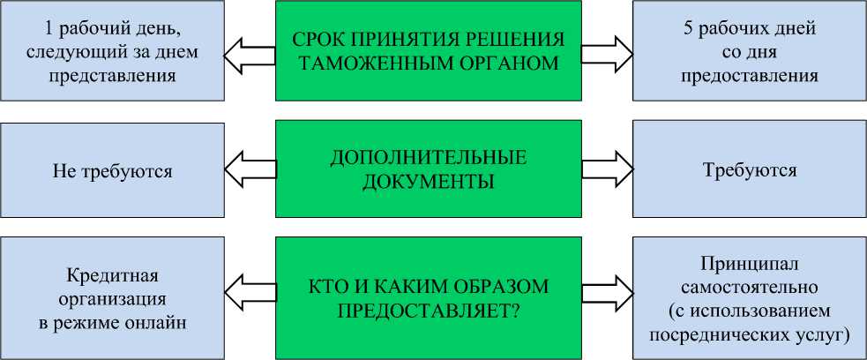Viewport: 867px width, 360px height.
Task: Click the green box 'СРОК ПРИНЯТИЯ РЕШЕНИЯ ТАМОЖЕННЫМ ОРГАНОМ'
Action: click(429, 52)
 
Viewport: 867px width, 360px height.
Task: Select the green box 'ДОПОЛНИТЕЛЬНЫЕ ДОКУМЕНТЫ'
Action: click(429, 169)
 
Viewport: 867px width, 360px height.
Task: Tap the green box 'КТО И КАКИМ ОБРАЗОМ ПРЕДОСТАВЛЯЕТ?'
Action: click(429, 297)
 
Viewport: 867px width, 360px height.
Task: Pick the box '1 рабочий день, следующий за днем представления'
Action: click(112, 52)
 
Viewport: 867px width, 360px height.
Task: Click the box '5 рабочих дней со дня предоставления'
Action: click(750, 52)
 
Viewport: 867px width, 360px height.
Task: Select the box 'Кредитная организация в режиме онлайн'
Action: click(112, 297)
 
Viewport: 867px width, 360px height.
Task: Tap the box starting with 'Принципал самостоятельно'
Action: click(750, 297)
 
